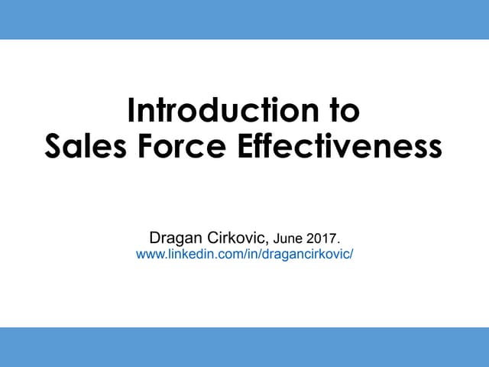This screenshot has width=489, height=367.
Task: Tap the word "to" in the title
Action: click(x=343, y=112)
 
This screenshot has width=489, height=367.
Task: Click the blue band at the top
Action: click(x=244, y=19)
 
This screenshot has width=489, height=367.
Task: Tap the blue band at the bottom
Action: click(x=244, y=347)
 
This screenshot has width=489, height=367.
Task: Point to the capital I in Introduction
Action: click(x=131, y=112)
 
